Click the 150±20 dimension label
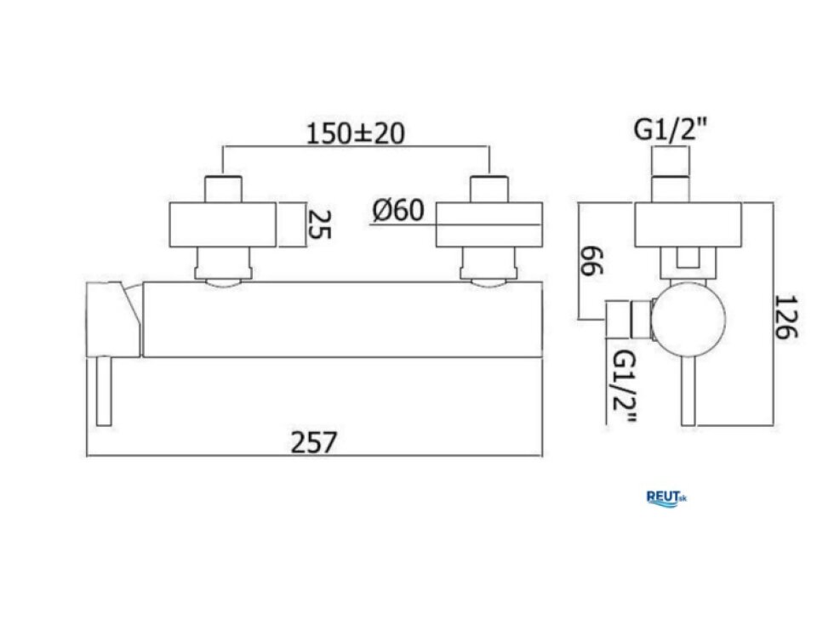coord(356,134)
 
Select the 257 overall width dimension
coord(314,442)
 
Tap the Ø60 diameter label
coord(398,210)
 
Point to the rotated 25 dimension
coord(320,224)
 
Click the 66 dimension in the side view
coord(592,261)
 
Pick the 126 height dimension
coord(786,317)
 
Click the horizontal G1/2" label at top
coord(671,129)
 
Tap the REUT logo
coord(666,498)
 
